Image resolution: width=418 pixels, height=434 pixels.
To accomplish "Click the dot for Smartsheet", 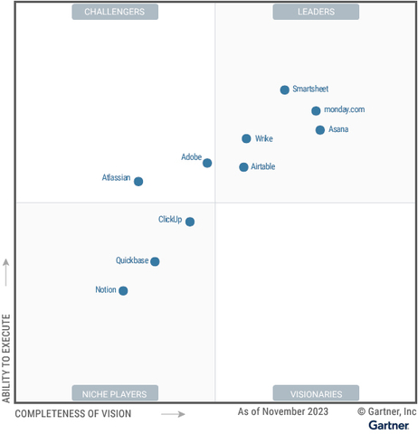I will [x=285, y=90].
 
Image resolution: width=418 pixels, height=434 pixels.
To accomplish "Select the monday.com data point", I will [x=316, y=110].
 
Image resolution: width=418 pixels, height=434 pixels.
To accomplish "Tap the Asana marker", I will [x=320, y=130].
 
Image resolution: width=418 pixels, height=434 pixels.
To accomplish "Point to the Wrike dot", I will [x=246, y=138].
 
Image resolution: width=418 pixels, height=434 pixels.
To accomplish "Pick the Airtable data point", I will [x=243, y=167].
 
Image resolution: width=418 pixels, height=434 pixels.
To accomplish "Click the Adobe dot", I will [x=207, y=163].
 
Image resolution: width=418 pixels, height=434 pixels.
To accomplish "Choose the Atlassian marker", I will [x=138, y=181].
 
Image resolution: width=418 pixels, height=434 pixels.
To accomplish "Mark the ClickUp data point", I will [x=190, y=222].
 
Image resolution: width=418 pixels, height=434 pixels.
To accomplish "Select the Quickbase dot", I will [x=155, y=261].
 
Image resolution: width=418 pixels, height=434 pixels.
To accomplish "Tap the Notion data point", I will [x=123, y=291].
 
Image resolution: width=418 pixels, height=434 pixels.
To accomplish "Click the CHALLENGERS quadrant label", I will [x=115, y=12].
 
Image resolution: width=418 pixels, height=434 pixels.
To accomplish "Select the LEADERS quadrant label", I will [x=316, y=12].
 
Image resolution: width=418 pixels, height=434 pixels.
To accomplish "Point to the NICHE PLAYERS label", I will [x=115, y=393].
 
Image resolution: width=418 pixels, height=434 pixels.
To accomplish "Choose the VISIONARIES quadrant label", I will [x=316, y=393].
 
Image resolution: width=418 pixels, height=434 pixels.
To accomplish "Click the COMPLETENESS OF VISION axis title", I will [x=73, y=414].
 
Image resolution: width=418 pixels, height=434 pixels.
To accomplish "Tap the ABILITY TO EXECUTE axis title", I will [x=7, y=358].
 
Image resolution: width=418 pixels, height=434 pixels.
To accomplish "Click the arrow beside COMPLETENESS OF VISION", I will [x=173, y=414].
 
